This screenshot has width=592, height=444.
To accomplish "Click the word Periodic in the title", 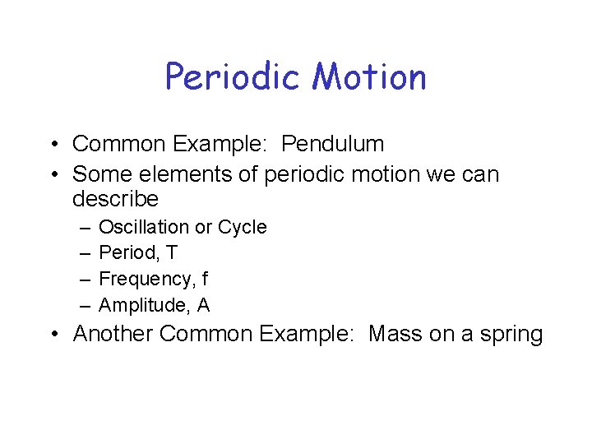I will [233, 77].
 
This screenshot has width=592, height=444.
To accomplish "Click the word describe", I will [115, 200].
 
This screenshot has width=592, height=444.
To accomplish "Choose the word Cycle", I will [242, 227].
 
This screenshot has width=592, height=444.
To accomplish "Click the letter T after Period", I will [171, 253].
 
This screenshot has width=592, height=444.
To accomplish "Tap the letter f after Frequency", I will [205, 280].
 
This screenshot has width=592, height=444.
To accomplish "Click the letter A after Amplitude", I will [203, 306].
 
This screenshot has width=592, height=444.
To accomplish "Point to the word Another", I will [113, 335].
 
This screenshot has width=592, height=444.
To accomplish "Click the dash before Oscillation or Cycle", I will [85, 228].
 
